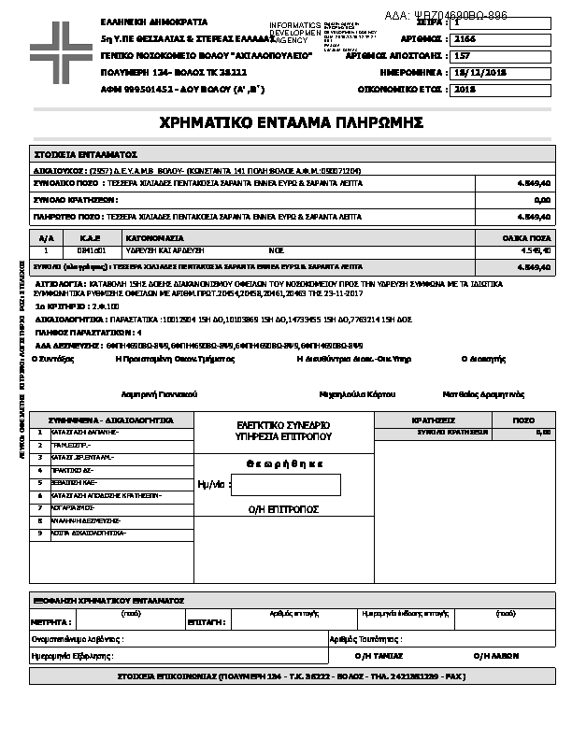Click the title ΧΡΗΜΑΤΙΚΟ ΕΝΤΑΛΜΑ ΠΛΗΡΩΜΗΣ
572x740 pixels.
[x=293, y=122]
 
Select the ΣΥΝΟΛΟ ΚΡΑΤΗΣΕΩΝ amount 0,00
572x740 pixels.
[x=541, y=200]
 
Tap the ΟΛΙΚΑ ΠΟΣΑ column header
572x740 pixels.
[x=534, y=239]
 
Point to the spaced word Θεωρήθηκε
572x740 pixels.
[x=285, y=463]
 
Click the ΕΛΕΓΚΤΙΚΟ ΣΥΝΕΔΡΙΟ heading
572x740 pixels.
[x=284, y=425]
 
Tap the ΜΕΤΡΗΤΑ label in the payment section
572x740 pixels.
[x=51, y=620]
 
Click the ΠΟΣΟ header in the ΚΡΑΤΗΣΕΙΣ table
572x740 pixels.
[x=524, y=420]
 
